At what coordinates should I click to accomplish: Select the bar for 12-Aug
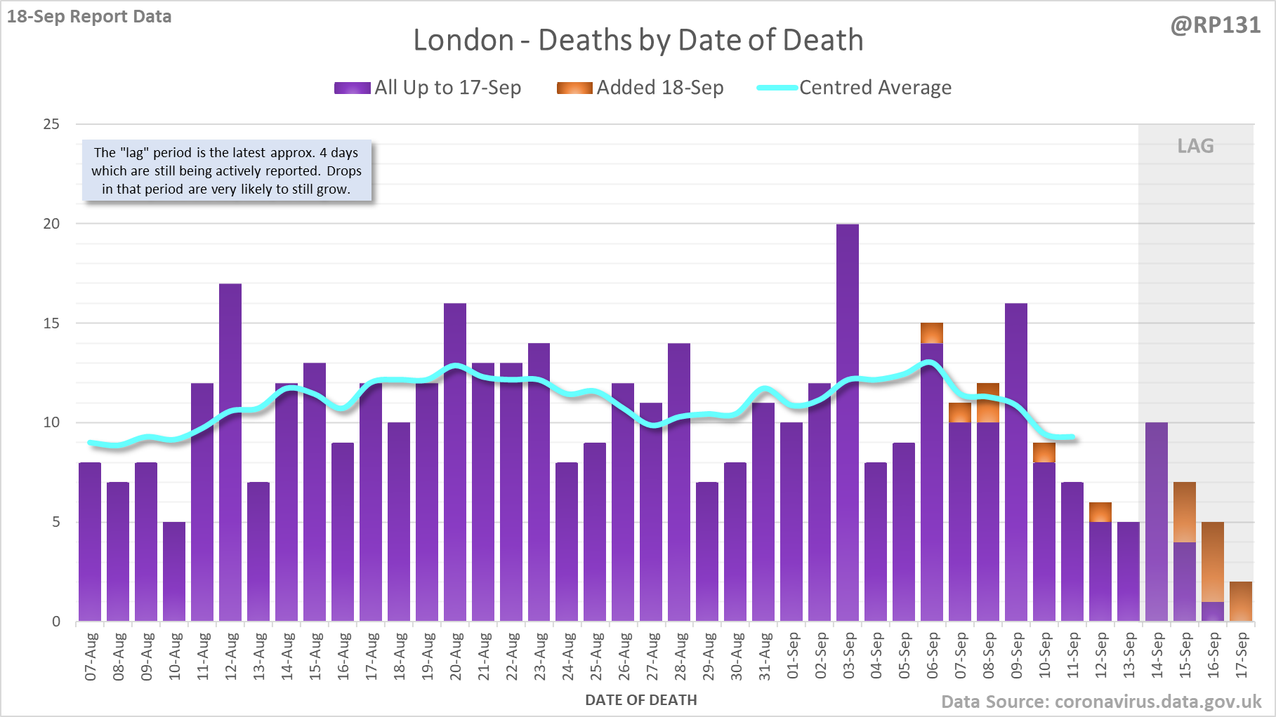click(230, 452)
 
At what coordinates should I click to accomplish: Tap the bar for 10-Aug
click(174, 571)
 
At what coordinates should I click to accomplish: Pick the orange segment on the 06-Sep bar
click(932, 333)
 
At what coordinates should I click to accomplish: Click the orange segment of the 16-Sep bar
click(1213, 561)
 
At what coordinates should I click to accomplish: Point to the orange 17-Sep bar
click(1241, 601)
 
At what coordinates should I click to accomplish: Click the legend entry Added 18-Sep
click(640, 88)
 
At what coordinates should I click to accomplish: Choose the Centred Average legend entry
click(855, 88)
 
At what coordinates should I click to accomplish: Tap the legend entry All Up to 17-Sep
click(428, 88)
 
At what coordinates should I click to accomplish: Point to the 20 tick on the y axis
click(52, 224)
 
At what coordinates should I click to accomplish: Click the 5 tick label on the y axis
click(56, 522)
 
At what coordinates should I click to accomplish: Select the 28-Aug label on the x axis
click(680, 656)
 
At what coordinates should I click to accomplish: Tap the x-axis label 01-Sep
click(793, 656)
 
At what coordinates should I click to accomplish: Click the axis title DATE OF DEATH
click(641, 700)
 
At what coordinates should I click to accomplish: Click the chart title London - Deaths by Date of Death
click(638, 40)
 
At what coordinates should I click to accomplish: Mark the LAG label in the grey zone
click(1195, 146)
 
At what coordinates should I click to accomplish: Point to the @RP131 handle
click(1216, 25)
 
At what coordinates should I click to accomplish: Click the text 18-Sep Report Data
click(89, 16)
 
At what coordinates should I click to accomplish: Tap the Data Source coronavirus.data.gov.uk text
click(1101, 702)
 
